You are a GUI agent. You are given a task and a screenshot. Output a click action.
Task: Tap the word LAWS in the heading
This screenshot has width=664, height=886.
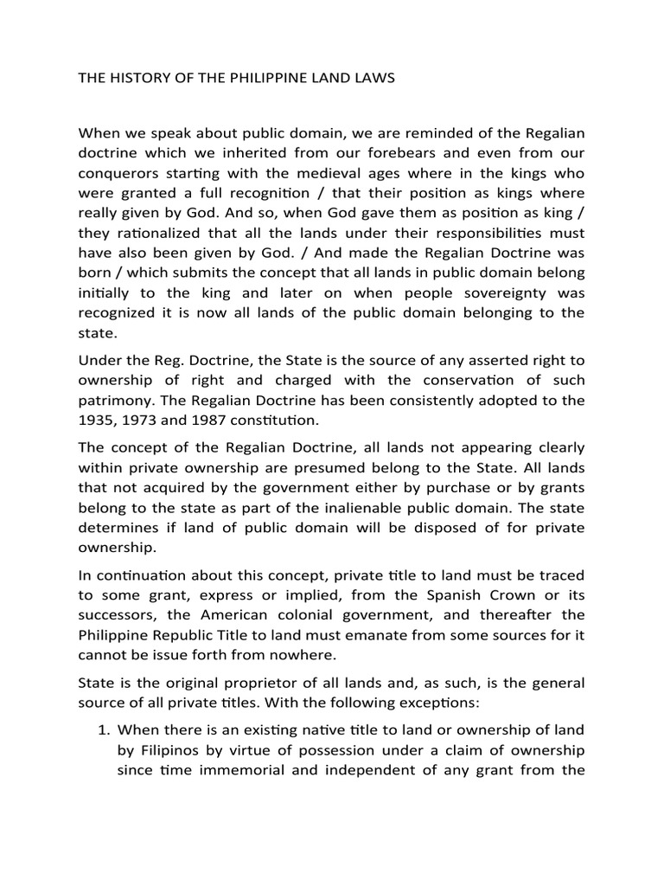tap(372, 78)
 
